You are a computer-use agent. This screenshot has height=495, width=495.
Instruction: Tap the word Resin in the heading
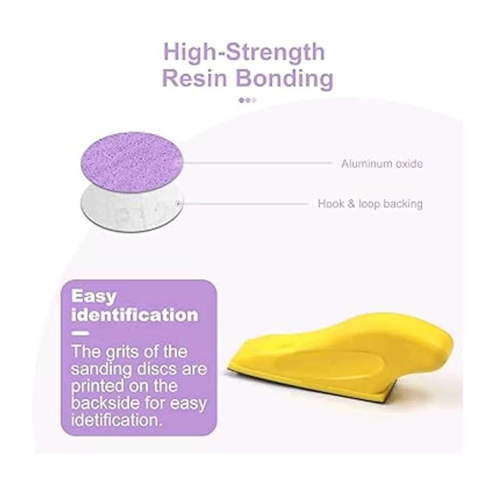(x=195, y=78)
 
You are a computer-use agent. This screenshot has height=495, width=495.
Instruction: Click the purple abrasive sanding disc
(x=132, y=162)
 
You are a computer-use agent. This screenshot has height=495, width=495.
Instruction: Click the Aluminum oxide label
(x=382, y=164)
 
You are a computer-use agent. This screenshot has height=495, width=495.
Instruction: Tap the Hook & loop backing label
(x=370, y=204)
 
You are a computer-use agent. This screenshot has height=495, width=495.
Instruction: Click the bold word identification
(x=135, y=315)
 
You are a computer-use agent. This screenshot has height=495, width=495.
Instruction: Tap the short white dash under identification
(x=80, y=333)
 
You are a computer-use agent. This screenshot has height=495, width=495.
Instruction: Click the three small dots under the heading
(x=247, y=100)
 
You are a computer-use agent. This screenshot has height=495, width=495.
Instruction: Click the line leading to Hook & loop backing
(x=242, y=204)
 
